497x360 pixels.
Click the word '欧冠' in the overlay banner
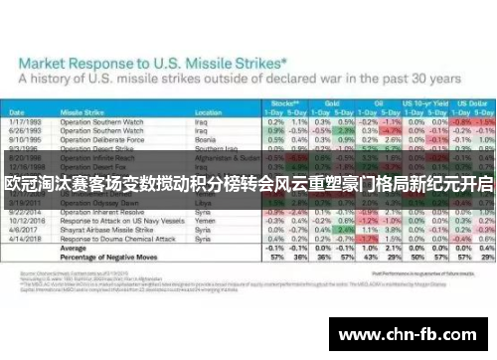coord(20,186)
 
